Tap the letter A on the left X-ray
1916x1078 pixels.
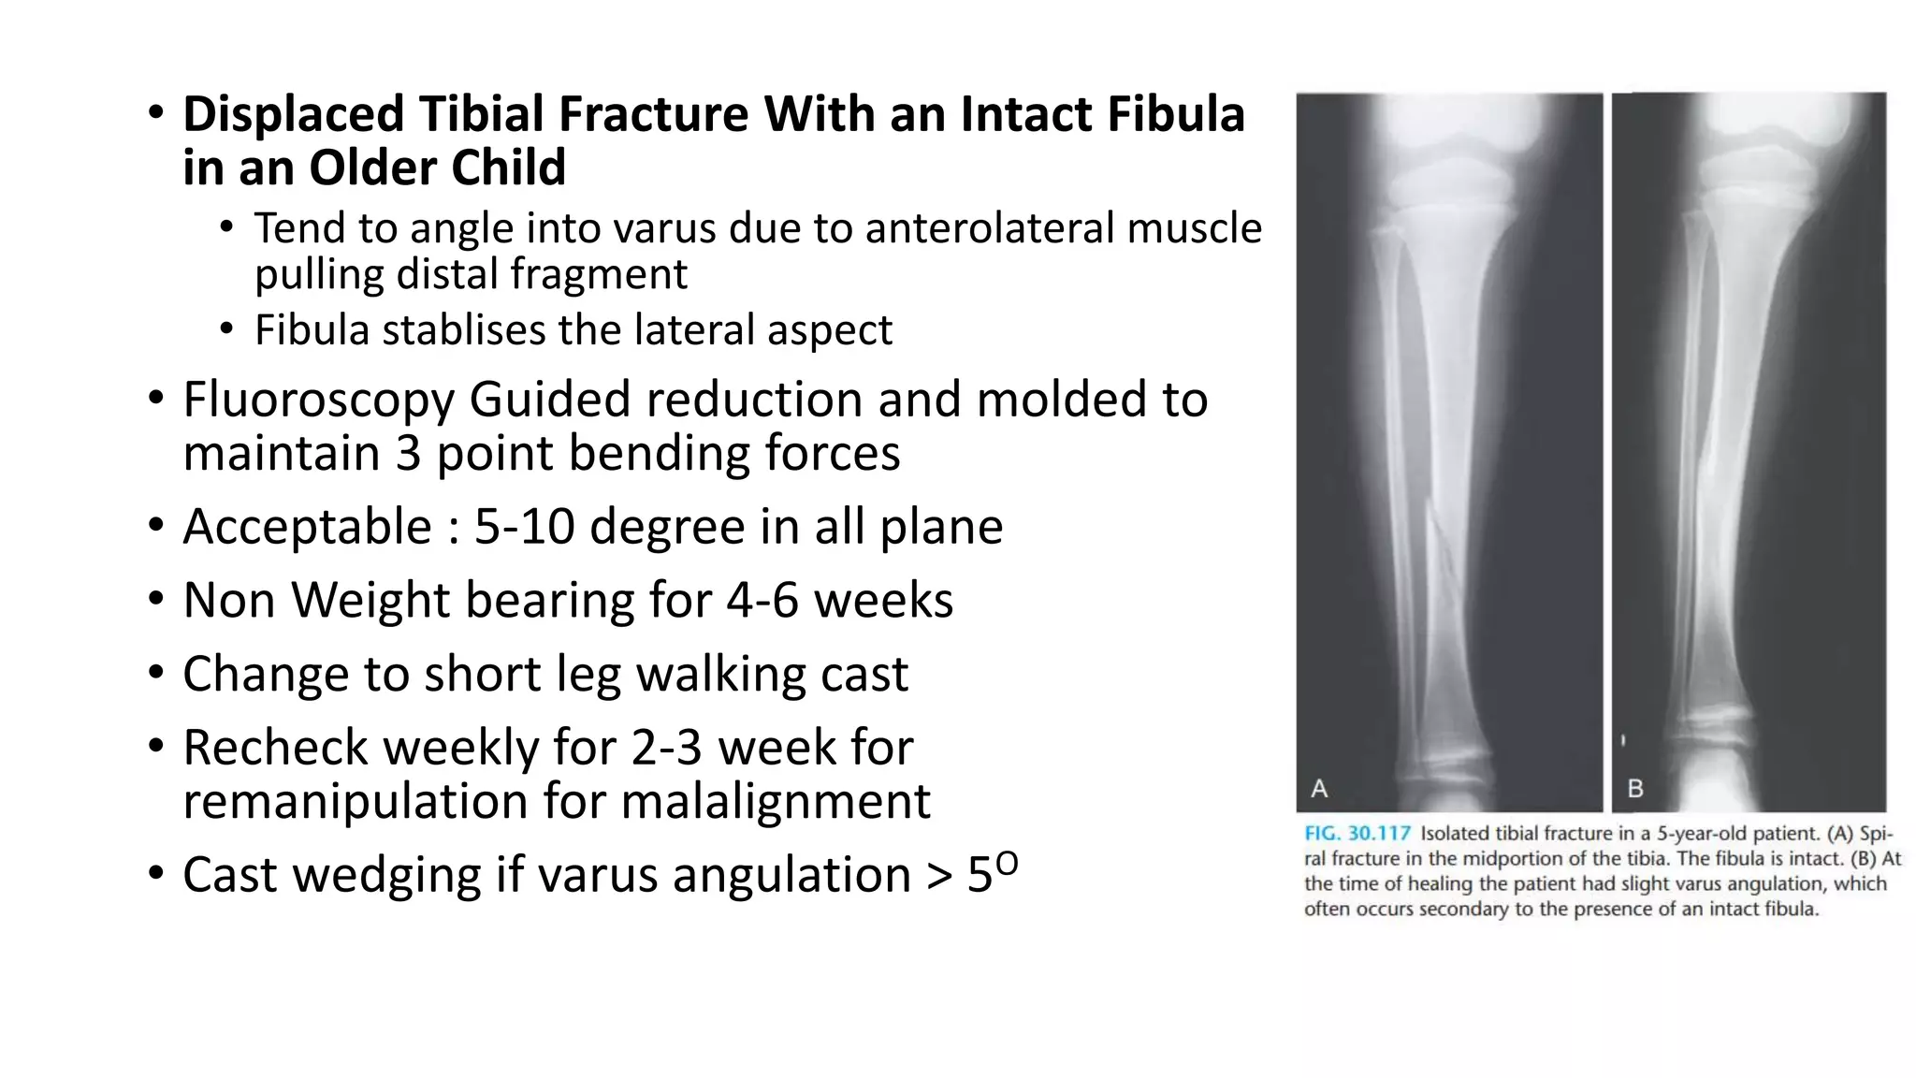tap(1319, 789)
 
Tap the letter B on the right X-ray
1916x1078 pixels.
tap(1635, 789)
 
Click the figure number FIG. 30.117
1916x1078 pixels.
tap(1357, 834)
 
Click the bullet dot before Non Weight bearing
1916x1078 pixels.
tap(155, 600)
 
